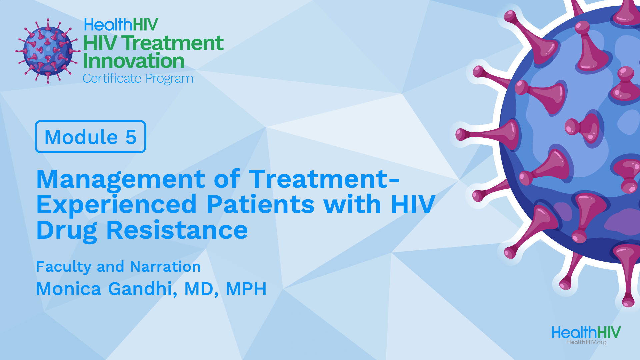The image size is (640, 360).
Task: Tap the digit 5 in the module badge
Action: (131, 137)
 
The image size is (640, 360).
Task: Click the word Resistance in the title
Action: (177, 230)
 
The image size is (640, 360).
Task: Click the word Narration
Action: (165, 267)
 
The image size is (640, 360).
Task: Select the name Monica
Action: (69, 289)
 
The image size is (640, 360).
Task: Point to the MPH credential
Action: (246, 289)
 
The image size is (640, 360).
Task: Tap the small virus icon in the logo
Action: (48, 51)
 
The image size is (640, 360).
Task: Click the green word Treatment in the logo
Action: (172, 43)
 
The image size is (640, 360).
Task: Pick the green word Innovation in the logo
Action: (134, 61)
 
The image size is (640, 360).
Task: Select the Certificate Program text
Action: (138, 79)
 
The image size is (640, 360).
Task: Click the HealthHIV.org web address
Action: (586, 342)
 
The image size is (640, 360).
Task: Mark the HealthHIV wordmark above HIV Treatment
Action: (121, 25)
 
